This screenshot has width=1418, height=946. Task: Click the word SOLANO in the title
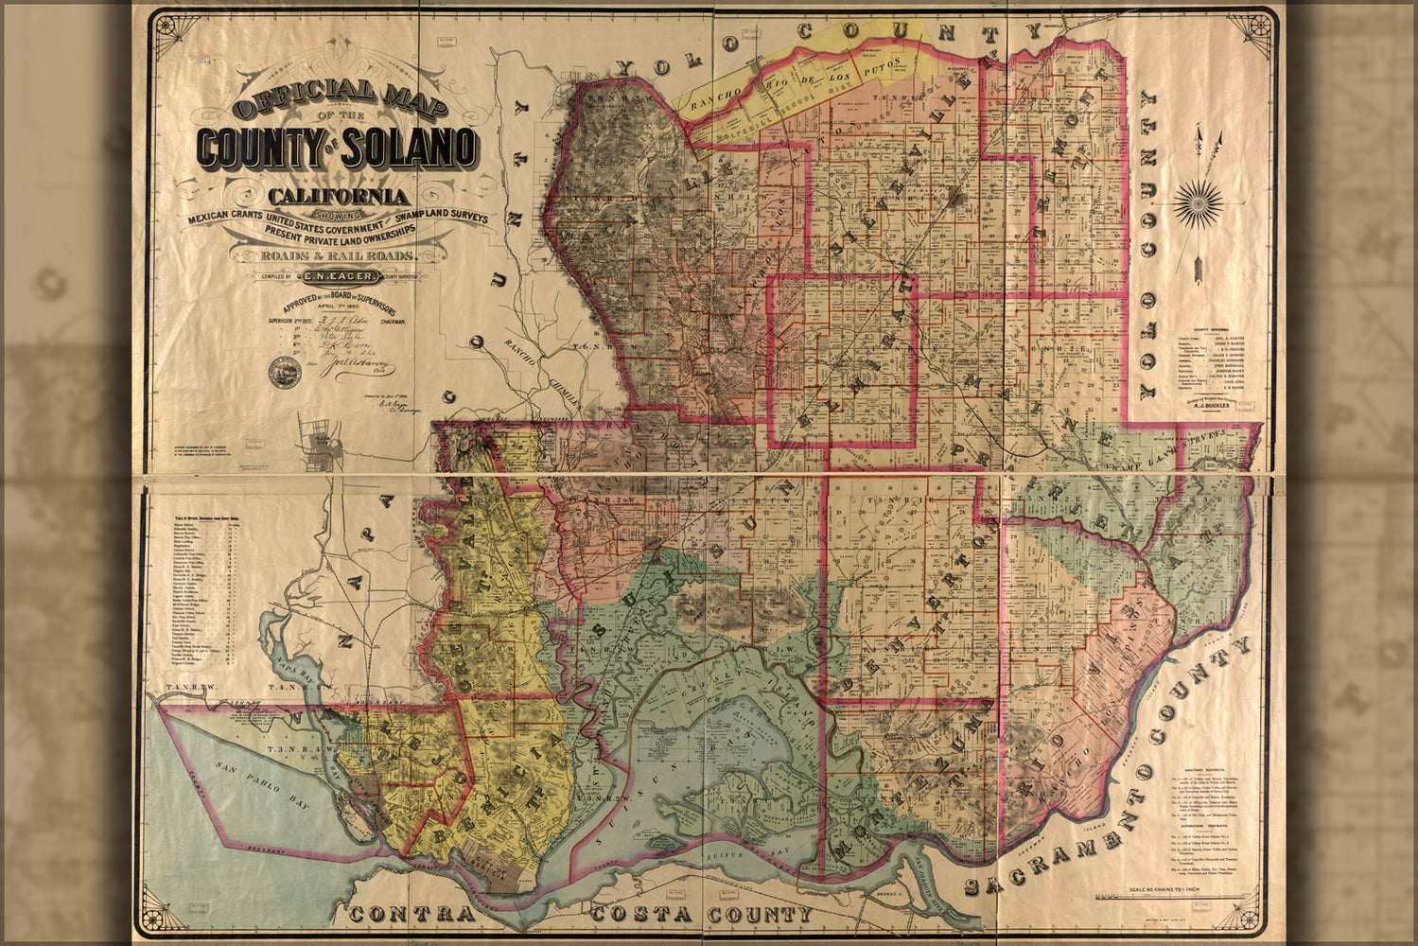(x=410, y=147)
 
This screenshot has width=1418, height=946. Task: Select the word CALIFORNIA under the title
(x=339, y=197)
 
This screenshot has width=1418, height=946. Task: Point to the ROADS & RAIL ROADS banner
(x=338, y=255)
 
